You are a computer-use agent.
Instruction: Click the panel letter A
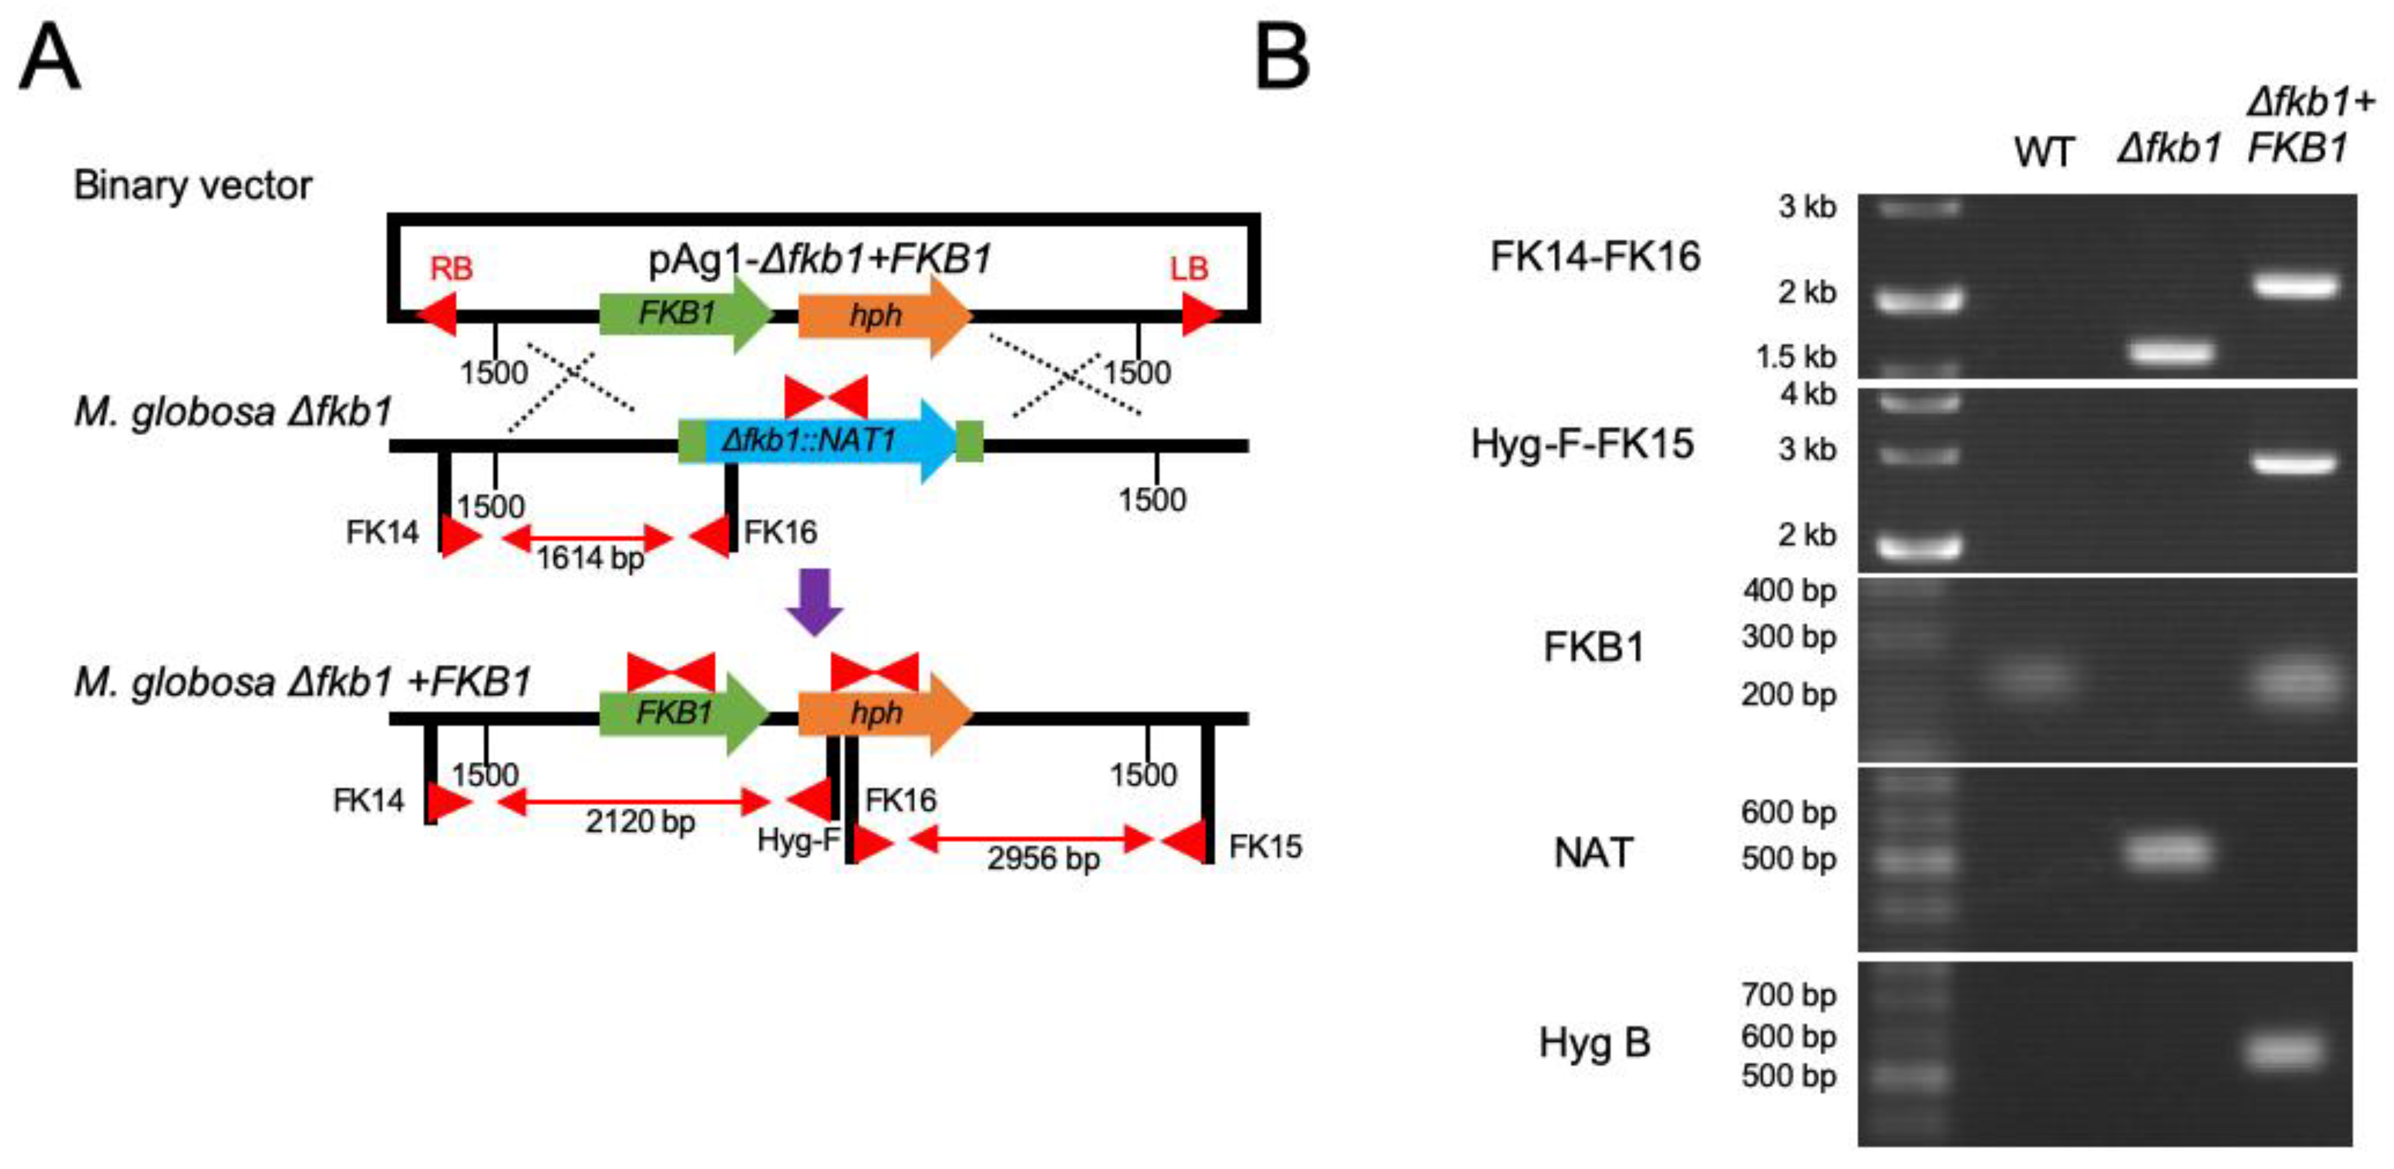(x=49, y=58)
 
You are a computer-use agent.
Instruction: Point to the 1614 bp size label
(x=590, y=558)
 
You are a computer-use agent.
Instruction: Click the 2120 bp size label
(x=639, y=822)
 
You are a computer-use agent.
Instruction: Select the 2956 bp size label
(x=1043, y=859)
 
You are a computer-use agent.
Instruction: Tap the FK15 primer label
(x=1265, y=846)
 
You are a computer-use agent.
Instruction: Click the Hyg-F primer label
(x=797, y=840)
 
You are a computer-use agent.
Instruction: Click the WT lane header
(x=2044, y=152)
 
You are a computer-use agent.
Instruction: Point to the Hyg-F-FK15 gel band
(x=2295, y=462)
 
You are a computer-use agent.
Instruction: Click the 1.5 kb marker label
(x=1795, y=357)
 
